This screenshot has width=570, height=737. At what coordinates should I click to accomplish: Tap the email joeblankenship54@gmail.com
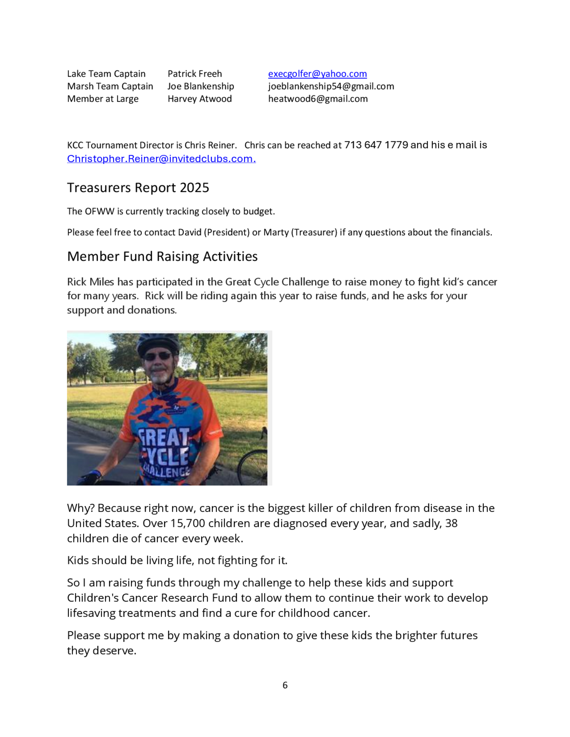[331, 86]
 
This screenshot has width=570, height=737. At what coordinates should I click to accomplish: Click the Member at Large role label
[103, 99]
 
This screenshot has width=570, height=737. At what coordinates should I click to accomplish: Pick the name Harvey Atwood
[199, 99]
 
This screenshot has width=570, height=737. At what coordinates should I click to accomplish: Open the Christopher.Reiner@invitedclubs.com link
[161, 159]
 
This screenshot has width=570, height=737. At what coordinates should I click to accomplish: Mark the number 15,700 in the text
[188, 523]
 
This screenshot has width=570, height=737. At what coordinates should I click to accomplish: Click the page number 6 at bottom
[285, 685]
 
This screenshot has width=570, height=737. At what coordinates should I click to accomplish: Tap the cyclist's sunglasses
[157, 356]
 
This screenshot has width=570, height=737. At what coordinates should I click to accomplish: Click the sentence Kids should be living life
[177, 560]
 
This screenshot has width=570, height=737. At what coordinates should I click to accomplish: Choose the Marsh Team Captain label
[110, 86]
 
